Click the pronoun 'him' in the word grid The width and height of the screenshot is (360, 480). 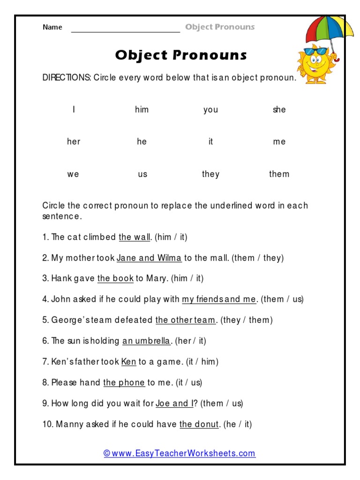142,110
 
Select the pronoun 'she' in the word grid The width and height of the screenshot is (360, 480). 279,110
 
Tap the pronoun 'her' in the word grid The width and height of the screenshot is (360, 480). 74,142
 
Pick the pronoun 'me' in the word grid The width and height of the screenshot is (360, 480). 279,142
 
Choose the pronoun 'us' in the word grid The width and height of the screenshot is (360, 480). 142,174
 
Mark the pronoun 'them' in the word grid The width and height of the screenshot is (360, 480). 279,174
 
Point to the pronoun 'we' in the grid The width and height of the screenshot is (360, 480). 73,174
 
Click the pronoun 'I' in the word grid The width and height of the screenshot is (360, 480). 74,110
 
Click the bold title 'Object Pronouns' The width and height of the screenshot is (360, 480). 181,55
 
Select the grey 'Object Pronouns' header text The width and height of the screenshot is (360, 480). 220,27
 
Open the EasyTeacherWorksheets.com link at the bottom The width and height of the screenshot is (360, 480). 180,453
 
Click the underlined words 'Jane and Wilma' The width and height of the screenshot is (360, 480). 149,258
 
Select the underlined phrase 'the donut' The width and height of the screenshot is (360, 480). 199,425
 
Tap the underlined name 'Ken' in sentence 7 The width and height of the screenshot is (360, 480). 128,362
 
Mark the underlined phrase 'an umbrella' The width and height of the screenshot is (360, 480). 146,341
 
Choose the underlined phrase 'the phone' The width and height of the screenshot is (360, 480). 124,383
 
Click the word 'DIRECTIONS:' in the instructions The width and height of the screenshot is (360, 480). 67,78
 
